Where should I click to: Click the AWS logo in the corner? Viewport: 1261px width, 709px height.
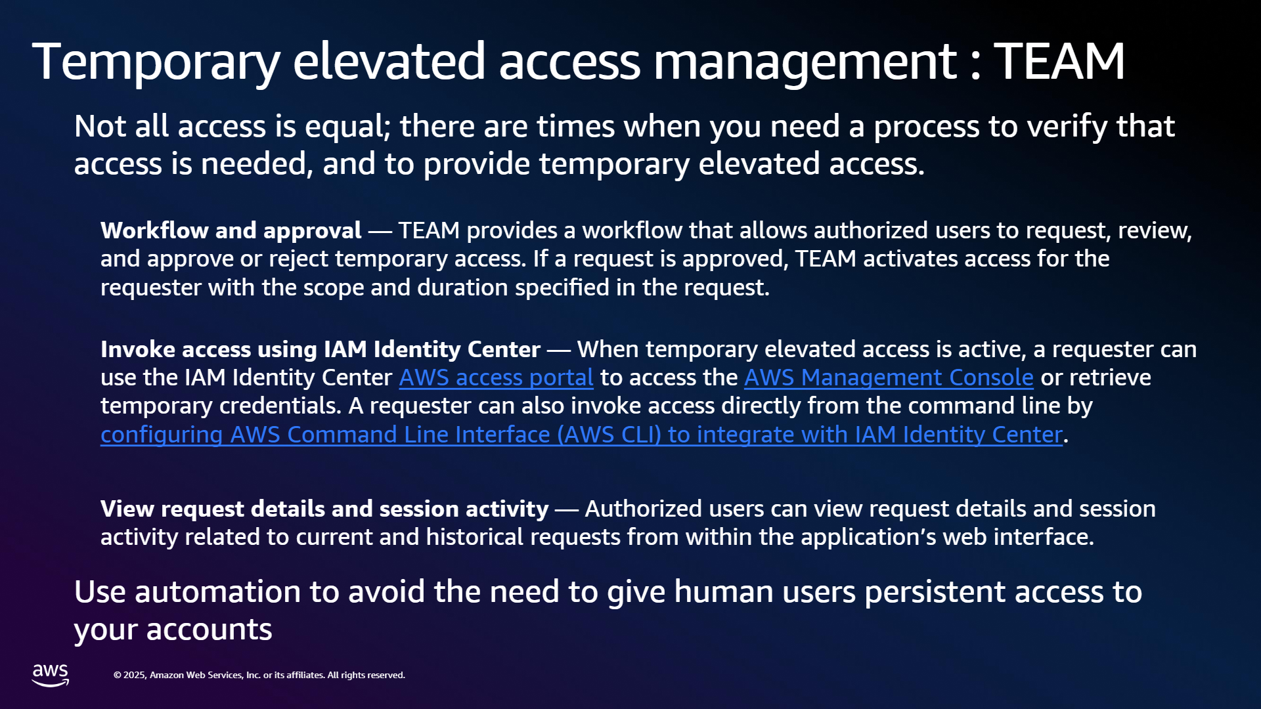(x=51, y=675)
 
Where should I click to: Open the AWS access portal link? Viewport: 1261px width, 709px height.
(x=496, y=377)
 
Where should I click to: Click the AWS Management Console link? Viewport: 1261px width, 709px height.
(x=889, y=377)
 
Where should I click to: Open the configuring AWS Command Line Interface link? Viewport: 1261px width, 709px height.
(x=581, y=435)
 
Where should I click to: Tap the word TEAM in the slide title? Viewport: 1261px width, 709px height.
(x=1059, y=61)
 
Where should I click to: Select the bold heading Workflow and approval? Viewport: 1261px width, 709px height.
(x=231, y=230)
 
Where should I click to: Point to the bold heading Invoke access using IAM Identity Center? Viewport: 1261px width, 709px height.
(x=321, y=349)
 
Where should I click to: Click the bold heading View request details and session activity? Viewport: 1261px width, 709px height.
(x=324, y=509)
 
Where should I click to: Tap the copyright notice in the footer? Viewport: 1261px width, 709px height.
(x=259, y=675)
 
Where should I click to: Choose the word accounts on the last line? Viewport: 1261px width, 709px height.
(x=210, y=630)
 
